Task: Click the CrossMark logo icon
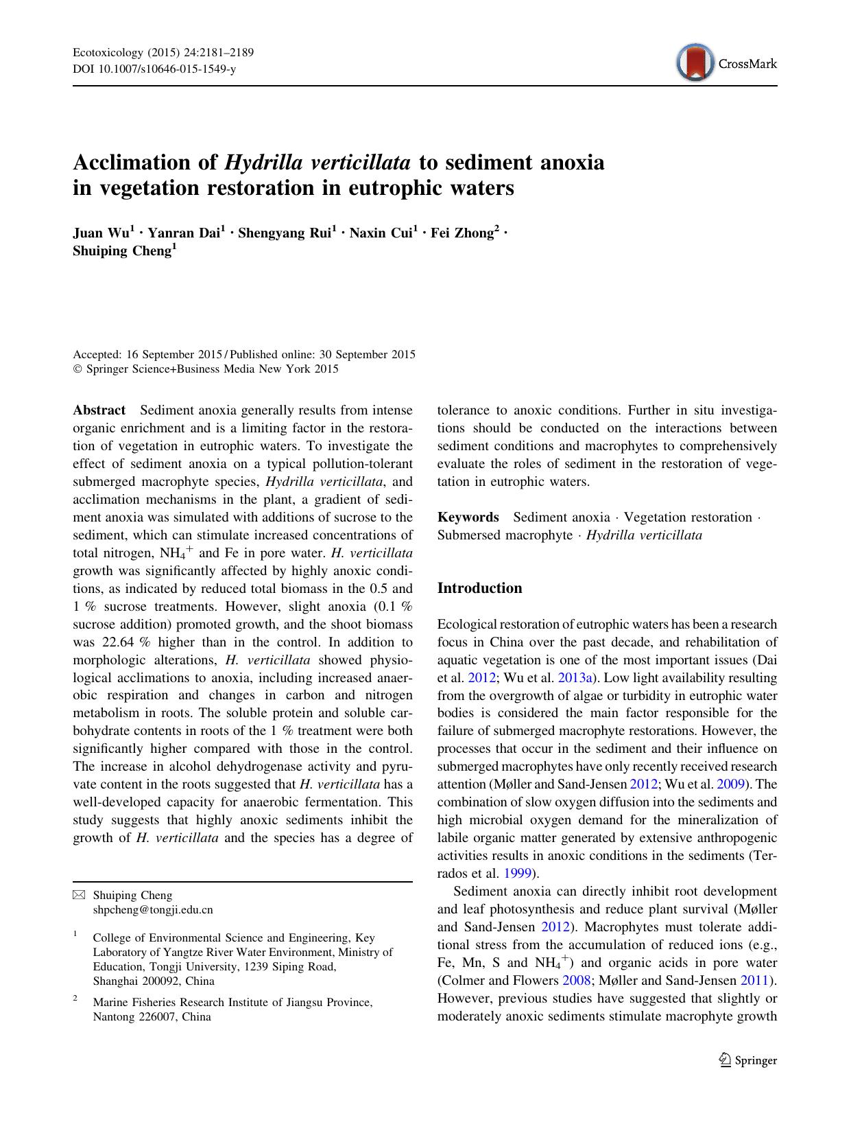click(695, 63)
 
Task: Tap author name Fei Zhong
click(462, 233)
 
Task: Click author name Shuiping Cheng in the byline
click(121, 251)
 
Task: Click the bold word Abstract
click(99, 410)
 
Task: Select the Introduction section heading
click(479, 588)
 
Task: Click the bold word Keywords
click(468, 517)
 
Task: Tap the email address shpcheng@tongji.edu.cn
click(152, 910)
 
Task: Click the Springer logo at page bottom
click(748, 1060)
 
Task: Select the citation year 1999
click(516, 874)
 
